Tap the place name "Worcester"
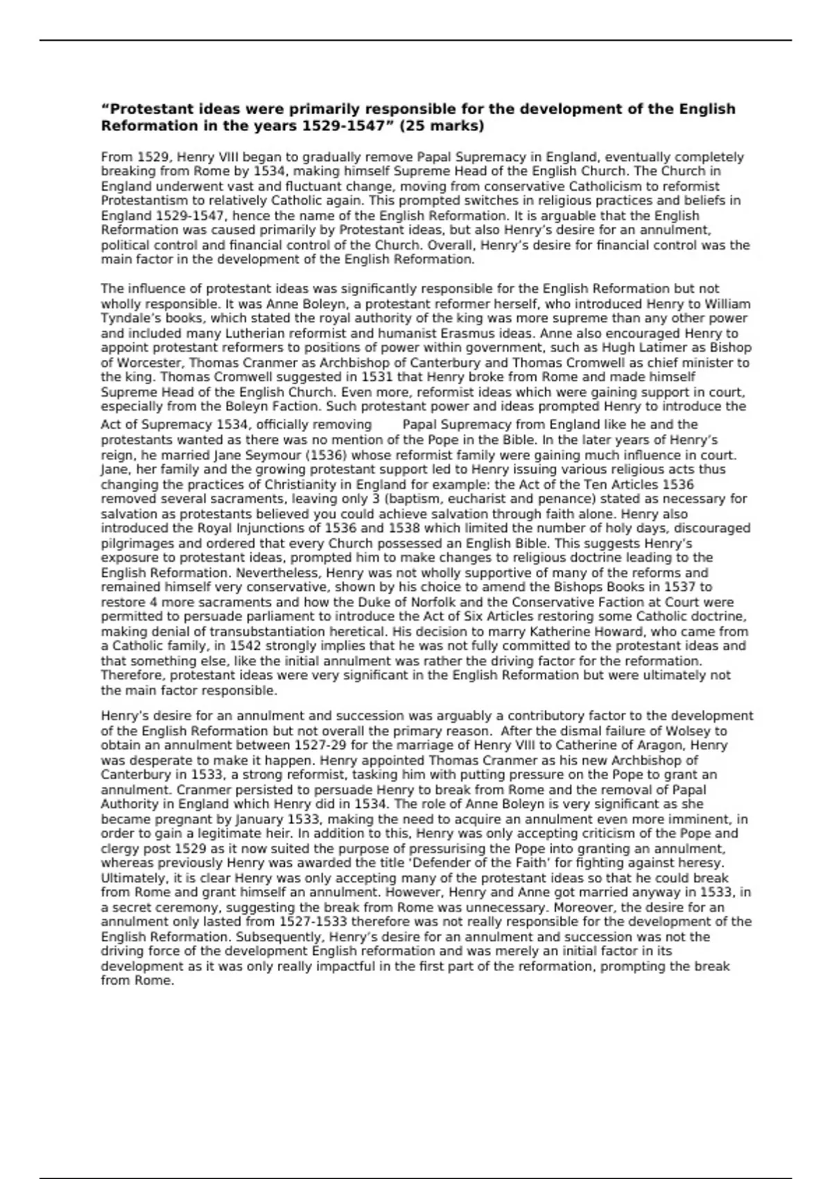coord(150,363)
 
